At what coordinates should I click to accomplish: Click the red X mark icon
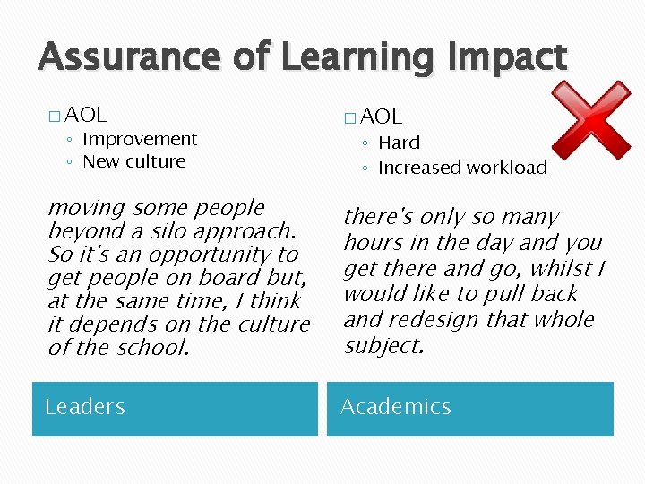590,121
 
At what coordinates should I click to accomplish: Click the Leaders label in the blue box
85,407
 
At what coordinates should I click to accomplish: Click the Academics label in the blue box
395,407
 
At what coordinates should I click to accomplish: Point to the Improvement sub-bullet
139,139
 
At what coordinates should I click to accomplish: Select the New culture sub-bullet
133,162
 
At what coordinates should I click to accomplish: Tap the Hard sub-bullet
399,143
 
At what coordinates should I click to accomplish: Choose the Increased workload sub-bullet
462,168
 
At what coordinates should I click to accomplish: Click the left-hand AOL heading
86,115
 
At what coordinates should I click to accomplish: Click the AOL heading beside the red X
382,117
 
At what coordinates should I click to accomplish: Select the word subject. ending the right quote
383,346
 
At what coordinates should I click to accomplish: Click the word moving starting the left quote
87,208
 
